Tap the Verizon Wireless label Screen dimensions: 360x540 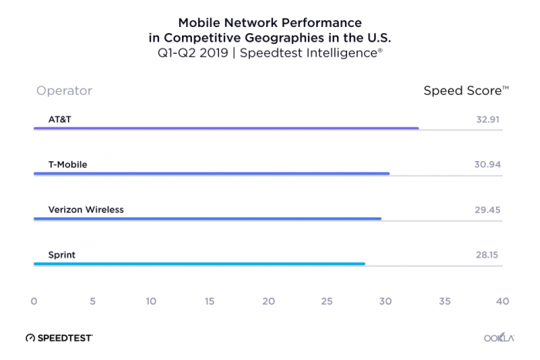click(x=80, y=209)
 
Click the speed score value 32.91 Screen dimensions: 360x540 click(x=489, y=119)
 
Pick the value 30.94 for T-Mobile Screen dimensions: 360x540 click(x=488, y=164)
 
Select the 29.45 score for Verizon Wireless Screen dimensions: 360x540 click(x=488, y=209)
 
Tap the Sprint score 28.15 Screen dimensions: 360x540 click(x=489, y=254)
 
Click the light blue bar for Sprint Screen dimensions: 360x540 click(x=199, y=264)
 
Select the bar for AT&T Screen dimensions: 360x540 click(x=226, y=129)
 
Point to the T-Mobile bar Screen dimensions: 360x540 click(x=211, y=173)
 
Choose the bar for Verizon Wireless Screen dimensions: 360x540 click(x=208, y=219)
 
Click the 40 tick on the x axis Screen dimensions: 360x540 click(x=503, y=301)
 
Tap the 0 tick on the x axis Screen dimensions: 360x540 click(x=34, y=301)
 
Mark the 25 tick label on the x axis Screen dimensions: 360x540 click(x=327, y=301)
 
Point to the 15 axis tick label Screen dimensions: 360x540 click(x=210, y=301)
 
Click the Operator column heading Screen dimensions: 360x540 click(x=64, y=91)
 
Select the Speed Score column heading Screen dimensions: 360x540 click(x=465, y=91)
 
